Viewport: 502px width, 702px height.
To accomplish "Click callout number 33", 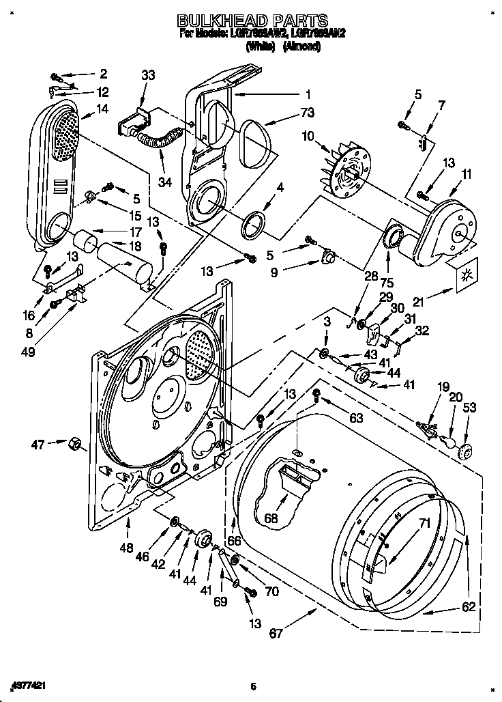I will (149, 76).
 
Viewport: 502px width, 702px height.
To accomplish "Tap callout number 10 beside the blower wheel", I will (308, 136).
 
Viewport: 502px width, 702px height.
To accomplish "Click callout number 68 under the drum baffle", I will (271, 519).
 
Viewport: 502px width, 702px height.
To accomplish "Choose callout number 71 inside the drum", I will (424, 524).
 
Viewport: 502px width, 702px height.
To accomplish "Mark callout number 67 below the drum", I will (276, 633).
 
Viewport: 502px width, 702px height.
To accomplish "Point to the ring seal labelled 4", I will (254, 222).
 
